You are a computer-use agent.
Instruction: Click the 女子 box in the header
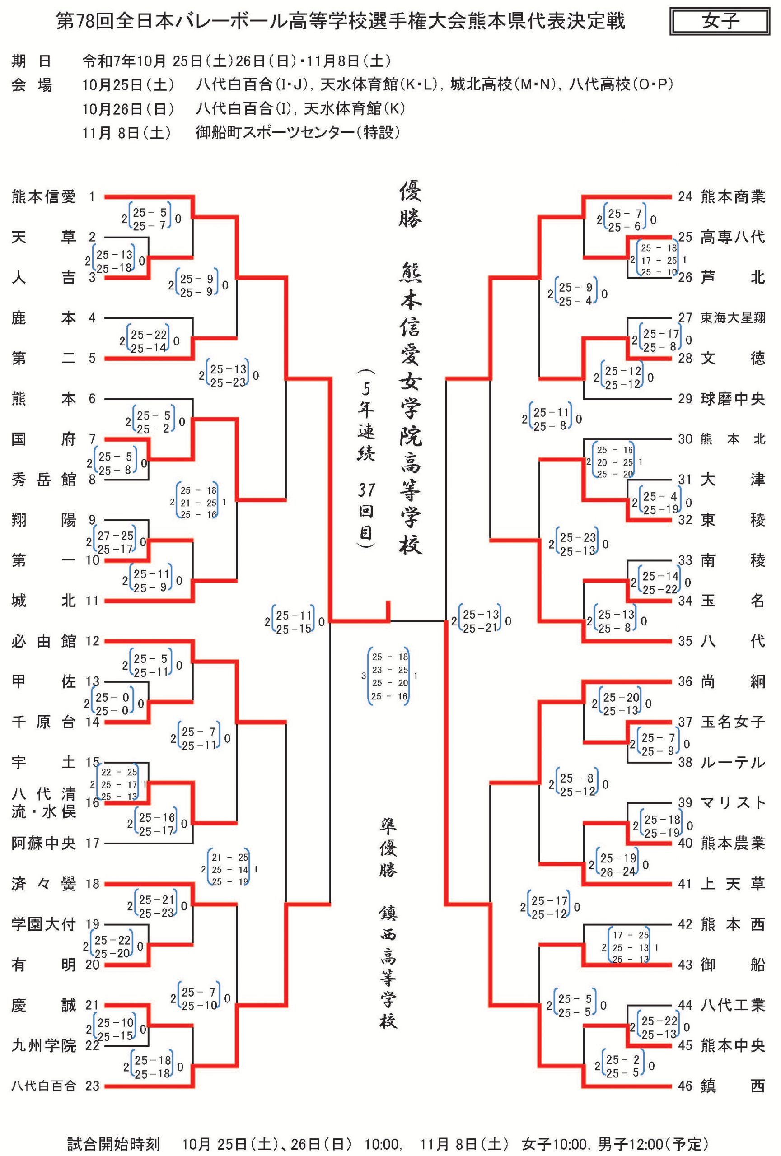pos(719,21)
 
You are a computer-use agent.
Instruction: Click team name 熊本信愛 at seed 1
pos(44,197)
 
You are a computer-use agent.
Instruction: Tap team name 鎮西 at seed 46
pos(732,1086)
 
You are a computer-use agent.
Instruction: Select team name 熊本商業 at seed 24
pos(732,197)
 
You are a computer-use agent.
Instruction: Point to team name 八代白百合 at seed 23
pos(44,1086)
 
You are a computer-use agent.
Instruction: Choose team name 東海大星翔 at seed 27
pos(732,318)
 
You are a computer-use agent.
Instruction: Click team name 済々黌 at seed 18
pos(44,884)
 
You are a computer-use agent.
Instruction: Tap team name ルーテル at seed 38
pos(732,763)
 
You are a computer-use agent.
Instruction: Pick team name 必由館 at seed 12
pos(44,641)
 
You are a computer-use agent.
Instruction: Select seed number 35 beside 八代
pos(685,641)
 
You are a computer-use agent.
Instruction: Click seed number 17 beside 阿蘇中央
pos(93,843)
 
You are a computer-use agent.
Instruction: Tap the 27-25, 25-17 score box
pos(115,542)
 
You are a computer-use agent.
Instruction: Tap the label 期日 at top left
pos(31,61)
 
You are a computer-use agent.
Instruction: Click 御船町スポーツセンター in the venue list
pos(298,132)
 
